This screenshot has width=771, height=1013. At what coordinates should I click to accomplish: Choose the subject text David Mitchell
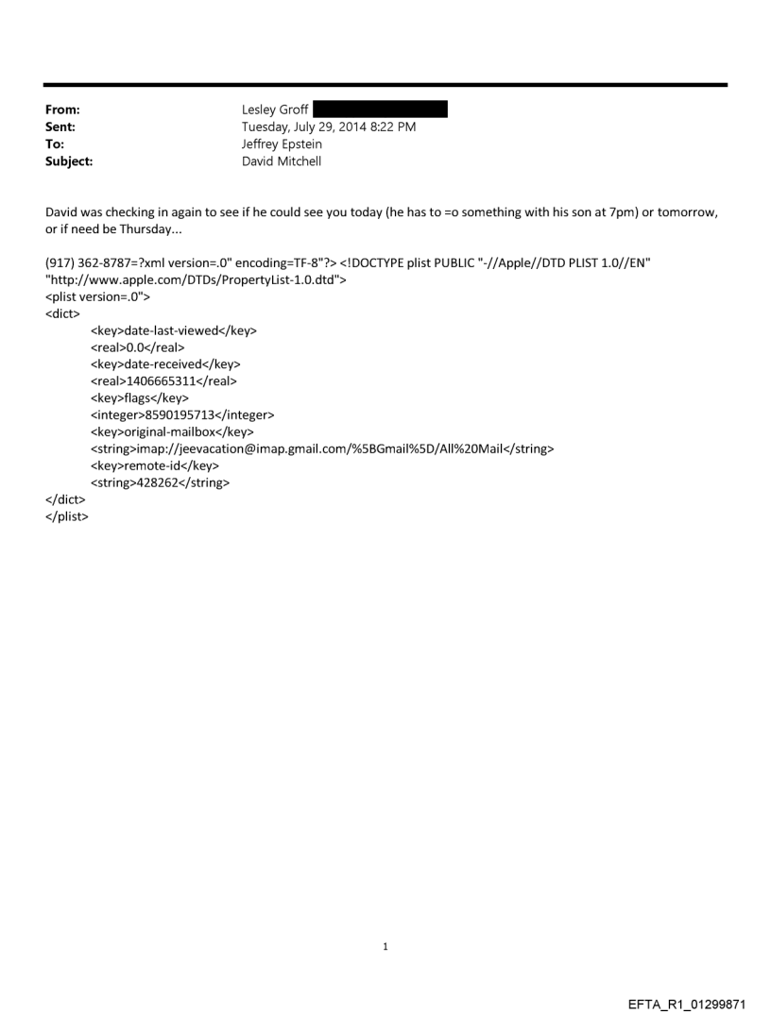point(282,160)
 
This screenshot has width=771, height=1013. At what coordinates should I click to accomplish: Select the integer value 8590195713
point(182,414)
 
